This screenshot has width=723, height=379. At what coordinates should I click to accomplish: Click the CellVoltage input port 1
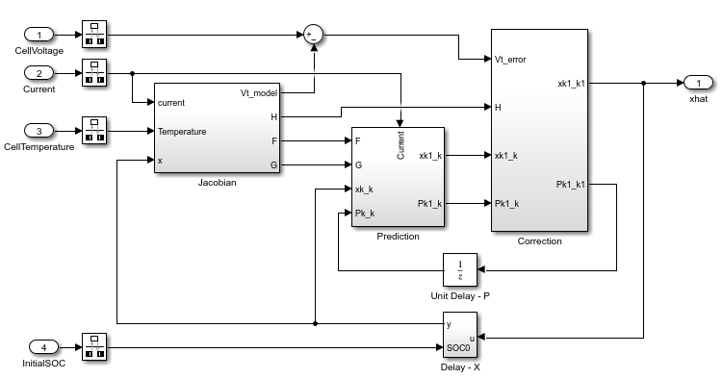tap(39, 35)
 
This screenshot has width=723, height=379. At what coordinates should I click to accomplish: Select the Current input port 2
tap(39, 73)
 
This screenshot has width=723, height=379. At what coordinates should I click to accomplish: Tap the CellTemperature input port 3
tap(39, 131)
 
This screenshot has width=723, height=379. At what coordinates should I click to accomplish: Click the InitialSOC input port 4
tap(44, 347)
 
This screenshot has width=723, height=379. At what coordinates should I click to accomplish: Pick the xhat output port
tap(698, 83)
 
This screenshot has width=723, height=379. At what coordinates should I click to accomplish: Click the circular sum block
tap(314, 35)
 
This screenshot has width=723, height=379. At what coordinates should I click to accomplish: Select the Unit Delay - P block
tap(460, 270)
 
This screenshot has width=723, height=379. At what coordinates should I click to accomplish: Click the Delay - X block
tap(460, 336)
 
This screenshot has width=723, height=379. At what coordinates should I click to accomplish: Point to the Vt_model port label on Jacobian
tap(259, 93)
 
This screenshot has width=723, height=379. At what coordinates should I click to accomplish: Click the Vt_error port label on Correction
tap(510, 60)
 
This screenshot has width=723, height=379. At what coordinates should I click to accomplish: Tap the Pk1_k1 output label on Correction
tap(571, 184)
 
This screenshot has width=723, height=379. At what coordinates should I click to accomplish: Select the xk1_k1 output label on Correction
tap(571, 84)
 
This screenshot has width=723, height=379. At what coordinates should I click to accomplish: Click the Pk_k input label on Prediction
tap(365, 214)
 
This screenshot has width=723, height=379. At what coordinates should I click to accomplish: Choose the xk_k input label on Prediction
tap(364, 189)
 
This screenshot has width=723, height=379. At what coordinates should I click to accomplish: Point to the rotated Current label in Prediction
tap(400, 145)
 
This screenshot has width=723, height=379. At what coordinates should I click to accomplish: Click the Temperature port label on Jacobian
tap(182, 132)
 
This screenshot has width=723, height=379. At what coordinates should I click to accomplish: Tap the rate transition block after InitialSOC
tap(94, 346)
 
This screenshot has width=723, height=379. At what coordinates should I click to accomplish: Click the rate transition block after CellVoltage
tap(94, 34)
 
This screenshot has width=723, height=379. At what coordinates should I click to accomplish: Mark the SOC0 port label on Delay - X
tap(458, 347)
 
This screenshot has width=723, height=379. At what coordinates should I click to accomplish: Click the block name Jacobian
tap(218, 183)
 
